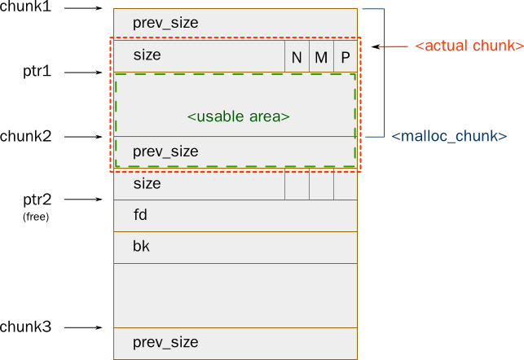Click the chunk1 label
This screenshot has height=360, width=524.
(26, 7)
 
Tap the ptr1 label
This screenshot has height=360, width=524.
(37, 71)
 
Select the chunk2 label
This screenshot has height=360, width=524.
(26, 136)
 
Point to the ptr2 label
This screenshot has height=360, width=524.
(37, 200)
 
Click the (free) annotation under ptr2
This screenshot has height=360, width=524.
(36, 217)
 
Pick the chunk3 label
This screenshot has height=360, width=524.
(26, 327)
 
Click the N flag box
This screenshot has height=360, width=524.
(297, 56)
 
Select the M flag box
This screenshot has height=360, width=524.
(321, 56)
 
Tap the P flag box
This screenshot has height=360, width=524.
(346, 56)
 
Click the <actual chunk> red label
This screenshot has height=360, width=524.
(469, 46)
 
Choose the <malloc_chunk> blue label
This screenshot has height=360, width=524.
(449, 136)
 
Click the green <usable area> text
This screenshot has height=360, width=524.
(238, 116)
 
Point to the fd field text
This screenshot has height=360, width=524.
(140, 215)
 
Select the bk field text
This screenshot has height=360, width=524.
(141, 246)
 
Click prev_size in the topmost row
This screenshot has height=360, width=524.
(165, 23)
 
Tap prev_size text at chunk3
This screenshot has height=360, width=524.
(165, 342)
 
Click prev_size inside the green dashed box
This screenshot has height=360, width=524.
(165, 151)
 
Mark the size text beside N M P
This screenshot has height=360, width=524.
(147, 55)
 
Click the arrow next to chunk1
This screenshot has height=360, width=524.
(83, 8)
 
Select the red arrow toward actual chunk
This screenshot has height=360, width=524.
(390, 46)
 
